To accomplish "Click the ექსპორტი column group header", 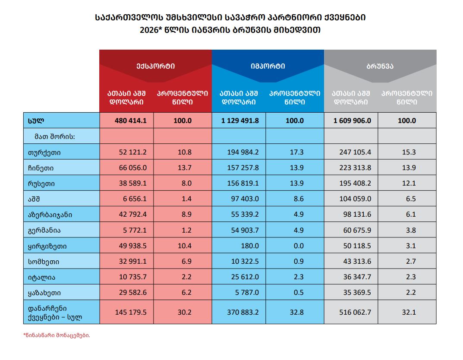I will (155, 66).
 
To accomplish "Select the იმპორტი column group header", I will (268, 66).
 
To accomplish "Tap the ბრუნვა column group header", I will (380, 66).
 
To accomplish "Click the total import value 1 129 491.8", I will (240, 121).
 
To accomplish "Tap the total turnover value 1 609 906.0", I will (352, 121).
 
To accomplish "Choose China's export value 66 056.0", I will (132, 167).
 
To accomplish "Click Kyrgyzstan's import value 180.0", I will (250, 246).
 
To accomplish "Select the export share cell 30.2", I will (183, 312).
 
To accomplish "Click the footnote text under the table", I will (57, 335).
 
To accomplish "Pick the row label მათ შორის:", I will (55, 136).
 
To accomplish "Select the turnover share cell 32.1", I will (409, 312).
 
